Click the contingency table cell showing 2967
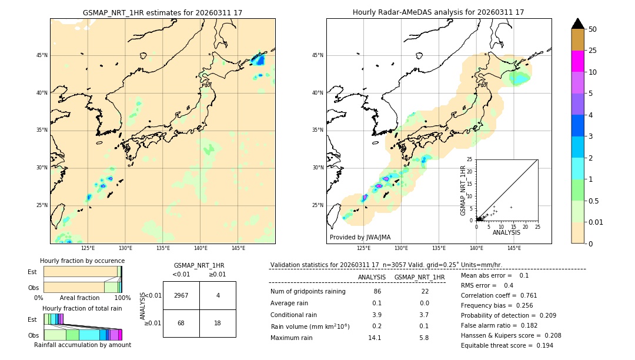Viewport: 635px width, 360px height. tap(181, 295)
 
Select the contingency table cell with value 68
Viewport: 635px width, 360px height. tap(181, 323)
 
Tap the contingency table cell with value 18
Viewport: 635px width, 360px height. tap(218, 323)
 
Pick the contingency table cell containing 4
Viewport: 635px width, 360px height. tap(218, 295)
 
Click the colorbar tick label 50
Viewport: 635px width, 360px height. tap(593, 29)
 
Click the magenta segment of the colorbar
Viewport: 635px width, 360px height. tap(577, 61)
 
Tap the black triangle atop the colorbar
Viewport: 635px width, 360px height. tap(577, 24)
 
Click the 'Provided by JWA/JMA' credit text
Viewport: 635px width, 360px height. tap(360, 237)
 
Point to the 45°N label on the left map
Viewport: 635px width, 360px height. tap(42, 55)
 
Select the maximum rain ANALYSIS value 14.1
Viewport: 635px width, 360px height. tap(375, 338)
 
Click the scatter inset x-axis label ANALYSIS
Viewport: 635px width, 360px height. tap(506, 232)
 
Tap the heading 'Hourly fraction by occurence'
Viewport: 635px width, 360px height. tap(82, 261)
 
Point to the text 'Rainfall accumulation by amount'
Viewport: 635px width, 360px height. tap(82, 345)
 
